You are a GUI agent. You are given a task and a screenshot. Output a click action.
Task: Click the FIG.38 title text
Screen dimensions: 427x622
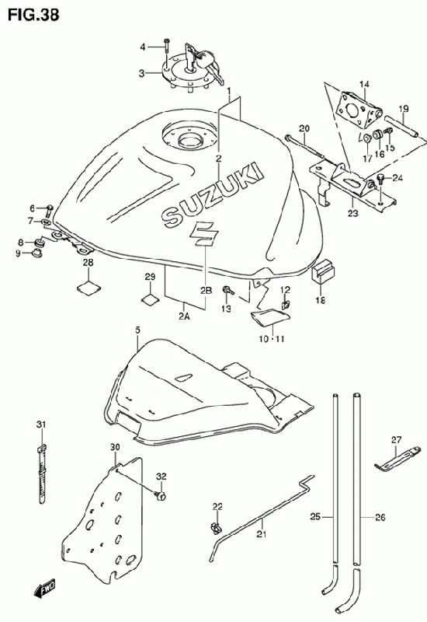pos(33,15)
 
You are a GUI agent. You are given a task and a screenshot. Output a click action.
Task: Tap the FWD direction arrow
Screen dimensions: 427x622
pos(45,588)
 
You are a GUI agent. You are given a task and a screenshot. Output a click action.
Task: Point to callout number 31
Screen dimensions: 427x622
pos(41,424)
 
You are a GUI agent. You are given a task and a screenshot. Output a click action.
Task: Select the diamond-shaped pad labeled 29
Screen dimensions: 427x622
pos(150,299)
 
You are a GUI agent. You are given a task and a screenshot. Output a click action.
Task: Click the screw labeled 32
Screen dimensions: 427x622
pos(161,495)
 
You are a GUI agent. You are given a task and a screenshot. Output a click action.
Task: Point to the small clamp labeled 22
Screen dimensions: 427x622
pos(216,527)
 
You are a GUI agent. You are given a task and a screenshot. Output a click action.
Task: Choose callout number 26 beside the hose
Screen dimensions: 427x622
pos(380,517)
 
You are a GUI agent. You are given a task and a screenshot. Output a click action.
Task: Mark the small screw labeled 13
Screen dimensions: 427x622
pos(228,290)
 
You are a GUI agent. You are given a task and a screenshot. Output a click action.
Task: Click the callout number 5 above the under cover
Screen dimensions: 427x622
pos(137,330)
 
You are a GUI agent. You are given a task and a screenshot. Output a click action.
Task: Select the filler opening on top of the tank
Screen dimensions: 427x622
pos(190,139)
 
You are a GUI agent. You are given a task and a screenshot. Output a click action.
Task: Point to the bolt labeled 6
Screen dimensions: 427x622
pos(50,208)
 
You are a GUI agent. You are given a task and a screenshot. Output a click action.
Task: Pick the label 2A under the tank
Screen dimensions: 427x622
pos(184,316)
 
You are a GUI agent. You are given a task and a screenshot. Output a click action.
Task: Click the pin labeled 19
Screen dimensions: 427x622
pos(400,125)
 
